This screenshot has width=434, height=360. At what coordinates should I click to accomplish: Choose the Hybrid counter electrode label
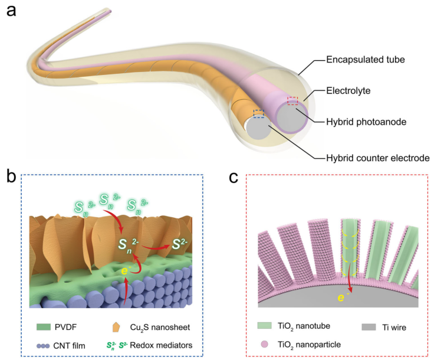point(378,158)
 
